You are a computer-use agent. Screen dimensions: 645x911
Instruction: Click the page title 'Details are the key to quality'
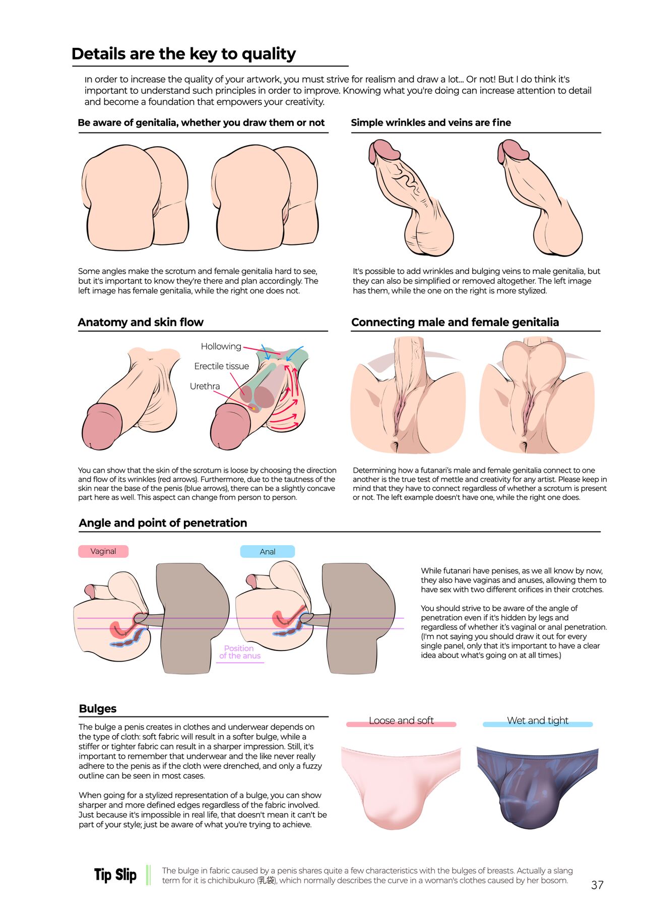[x=183, y=54]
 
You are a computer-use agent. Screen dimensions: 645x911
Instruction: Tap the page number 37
[x=597, y=885]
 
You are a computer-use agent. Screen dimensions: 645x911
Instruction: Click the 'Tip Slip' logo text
[x=115, y=875]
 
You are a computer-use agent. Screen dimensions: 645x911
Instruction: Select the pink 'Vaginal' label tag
[x=103, y=551]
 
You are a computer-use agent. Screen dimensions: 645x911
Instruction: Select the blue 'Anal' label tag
[x=268, y=552]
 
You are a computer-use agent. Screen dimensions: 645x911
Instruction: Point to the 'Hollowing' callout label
[x=221, y=346]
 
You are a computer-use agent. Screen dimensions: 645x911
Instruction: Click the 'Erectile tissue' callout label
[x=222, y=366]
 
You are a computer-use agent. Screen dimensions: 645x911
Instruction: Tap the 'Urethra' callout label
[x=205, y=386]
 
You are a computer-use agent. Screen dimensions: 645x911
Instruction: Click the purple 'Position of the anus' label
[x=240, y=652]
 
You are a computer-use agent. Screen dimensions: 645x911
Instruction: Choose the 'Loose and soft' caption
[x=401, y=721]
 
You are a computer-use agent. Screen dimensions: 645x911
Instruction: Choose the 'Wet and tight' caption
[x=538, y=721]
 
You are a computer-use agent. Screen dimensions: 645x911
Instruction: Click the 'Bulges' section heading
[x=98, y=708]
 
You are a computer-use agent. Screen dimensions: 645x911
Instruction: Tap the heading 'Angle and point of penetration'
[x=163, y=523]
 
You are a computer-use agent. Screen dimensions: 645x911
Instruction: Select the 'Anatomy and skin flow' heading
[x=141, y=322]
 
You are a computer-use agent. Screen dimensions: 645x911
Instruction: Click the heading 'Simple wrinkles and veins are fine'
[x=431, y=122]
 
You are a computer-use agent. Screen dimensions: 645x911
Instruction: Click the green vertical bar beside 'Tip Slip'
[x=148, y=875]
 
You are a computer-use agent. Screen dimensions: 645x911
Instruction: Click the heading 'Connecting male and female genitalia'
[x=455, y=322]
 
